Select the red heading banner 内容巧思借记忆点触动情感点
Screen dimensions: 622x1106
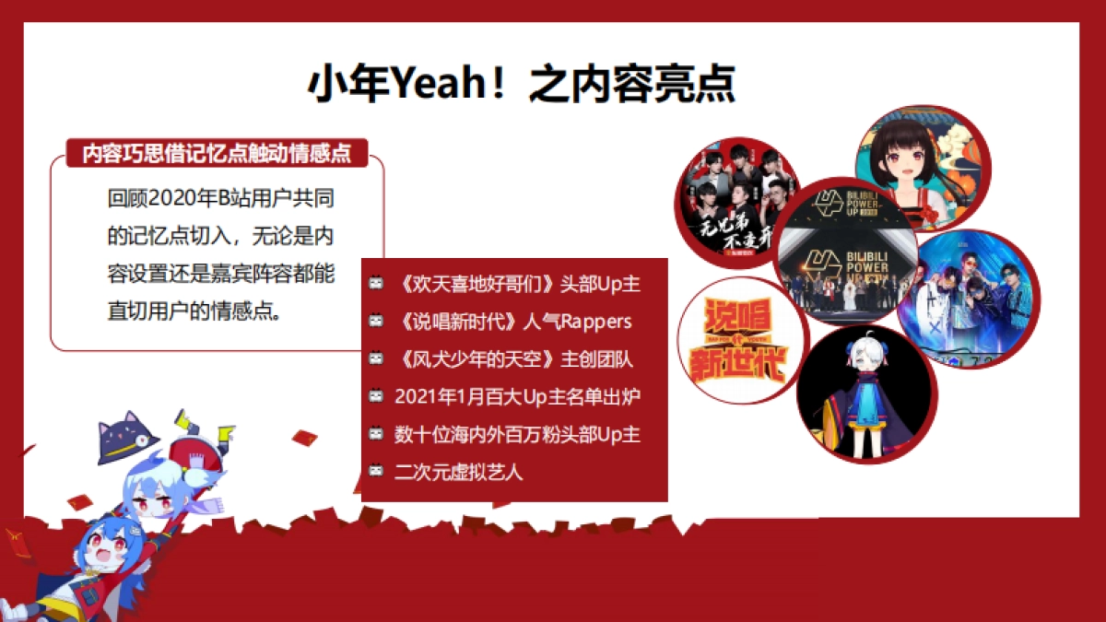click(x=218, y=153)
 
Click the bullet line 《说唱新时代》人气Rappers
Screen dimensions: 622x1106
click(x=512, y=322)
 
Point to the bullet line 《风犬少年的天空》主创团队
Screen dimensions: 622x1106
click(x=512, y=359)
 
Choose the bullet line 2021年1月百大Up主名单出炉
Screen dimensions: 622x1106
click(x=516, y=397)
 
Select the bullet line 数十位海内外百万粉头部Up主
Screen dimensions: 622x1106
click(x=516, y=434)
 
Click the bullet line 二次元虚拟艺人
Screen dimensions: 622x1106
click(x=458, y=472)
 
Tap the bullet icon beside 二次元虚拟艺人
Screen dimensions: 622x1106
click(x=376, y=471)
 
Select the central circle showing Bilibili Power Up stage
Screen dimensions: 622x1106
click(x=846, y=253)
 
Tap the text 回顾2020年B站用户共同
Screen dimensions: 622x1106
click(x=220, y=198)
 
